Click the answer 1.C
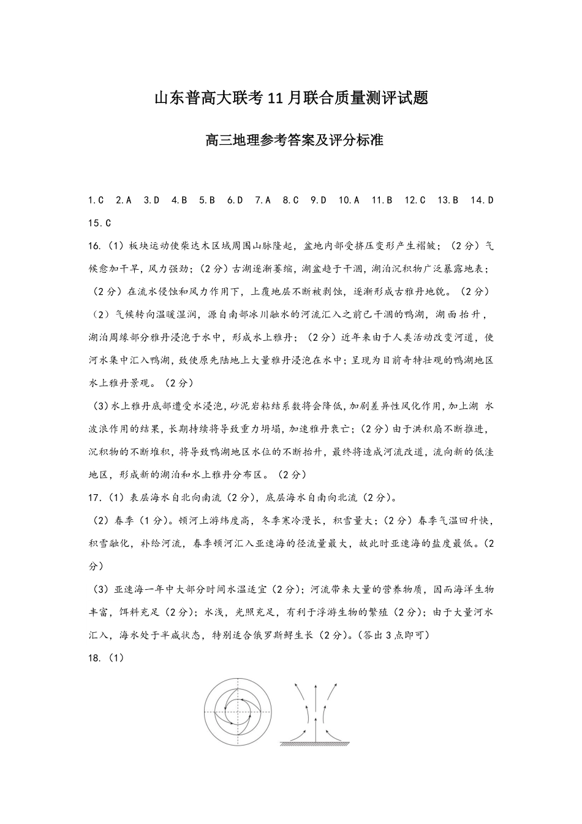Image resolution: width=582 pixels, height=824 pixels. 96,200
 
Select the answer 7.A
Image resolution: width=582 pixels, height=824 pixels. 263,200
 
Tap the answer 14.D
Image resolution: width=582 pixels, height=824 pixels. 482,200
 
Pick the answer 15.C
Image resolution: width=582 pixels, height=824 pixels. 99,223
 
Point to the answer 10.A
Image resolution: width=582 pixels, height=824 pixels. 349,200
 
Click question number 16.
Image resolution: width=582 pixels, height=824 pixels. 95,246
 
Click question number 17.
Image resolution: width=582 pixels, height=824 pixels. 95,498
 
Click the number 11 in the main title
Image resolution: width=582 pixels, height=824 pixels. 274,97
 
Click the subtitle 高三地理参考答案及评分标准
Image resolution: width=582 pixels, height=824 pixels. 291,140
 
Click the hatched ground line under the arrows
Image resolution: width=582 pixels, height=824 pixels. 315,745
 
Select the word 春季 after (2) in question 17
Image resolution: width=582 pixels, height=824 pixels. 124,521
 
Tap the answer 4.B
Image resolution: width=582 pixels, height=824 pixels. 180,200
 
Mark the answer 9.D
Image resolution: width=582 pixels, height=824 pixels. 319,200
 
